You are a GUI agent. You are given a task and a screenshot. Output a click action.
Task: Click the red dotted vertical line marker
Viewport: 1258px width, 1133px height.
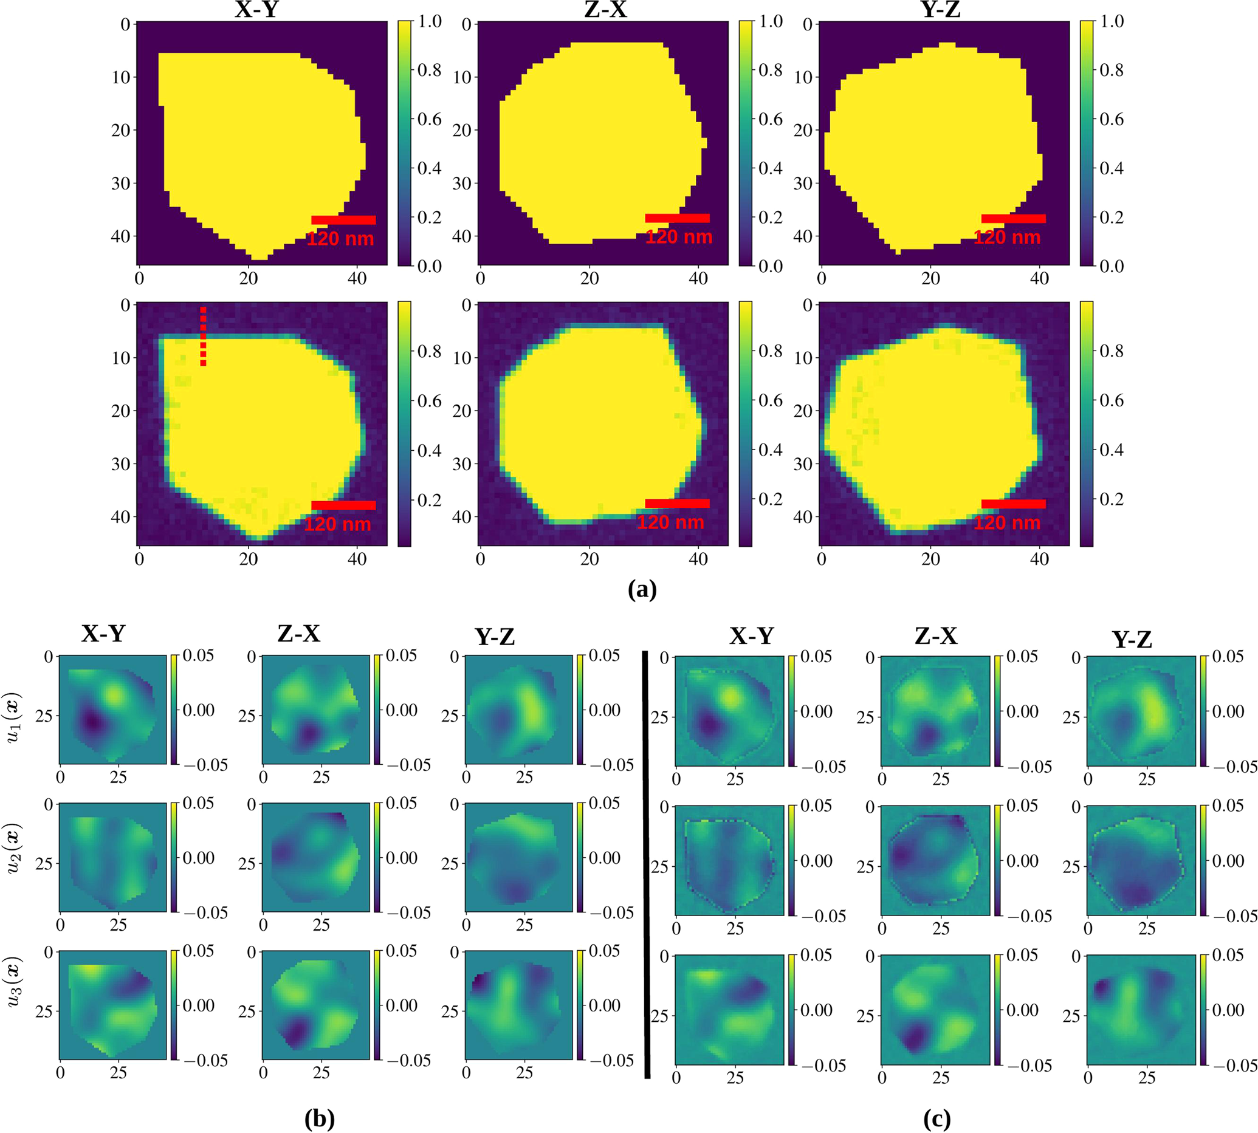(203, 335)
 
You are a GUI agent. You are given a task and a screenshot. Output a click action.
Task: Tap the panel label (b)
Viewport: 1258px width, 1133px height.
(320, 1118)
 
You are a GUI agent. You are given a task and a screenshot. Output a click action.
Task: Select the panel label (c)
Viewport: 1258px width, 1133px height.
(937, 1118)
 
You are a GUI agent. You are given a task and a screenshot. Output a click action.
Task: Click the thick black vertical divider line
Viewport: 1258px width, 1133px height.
(646, 865)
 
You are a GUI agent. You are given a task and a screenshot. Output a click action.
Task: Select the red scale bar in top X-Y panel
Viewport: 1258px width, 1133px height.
(343, 220)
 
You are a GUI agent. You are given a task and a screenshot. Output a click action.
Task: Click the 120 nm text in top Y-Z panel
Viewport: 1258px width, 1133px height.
(1007, 237)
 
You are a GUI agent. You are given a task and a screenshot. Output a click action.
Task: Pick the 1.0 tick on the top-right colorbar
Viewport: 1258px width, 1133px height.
(1112, 21)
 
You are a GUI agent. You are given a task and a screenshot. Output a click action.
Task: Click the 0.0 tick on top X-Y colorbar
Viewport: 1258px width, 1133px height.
(429, 266)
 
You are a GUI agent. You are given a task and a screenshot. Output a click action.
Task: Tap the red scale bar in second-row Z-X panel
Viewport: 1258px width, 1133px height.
(677, 503)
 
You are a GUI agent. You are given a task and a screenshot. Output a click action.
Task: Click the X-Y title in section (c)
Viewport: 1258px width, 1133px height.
(752, 635)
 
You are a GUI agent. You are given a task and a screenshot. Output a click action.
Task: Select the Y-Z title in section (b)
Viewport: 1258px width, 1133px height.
(495, 637)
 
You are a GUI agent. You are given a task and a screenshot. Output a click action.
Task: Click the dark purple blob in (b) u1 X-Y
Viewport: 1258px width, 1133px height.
(92, 722)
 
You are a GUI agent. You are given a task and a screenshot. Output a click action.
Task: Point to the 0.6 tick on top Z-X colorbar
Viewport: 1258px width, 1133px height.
(771, 119)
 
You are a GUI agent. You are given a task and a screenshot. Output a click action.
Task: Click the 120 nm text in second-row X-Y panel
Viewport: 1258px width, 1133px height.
(337, 524)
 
